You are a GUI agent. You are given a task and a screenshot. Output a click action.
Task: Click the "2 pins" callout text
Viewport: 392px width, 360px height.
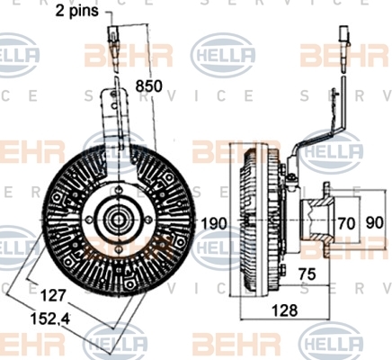tap(77, 11)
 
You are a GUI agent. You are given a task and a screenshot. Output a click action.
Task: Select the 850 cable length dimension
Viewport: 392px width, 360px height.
tap(148, 85)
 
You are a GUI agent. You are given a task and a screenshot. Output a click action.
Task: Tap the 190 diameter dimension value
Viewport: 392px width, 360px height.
tap(213, 223)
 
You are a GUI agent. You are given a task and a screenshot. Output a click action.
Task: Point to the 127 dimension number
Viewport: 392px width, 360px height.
tap(53, 296)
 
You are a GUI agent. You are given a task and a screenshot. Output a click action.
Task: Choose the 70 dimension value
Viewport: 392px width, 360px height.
tap(346, 223)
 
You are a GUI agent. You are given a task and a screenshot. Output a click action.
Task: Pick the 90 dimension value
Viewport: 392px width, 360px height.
tap(374, 223)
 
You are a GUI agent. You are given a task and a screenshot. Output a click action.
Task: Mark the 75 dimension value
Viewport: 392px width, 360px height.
tap(307, 274)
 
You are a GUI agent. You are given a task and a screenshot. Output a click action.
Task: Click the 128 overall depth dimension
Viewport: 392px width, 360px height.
tap(284, 310)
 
